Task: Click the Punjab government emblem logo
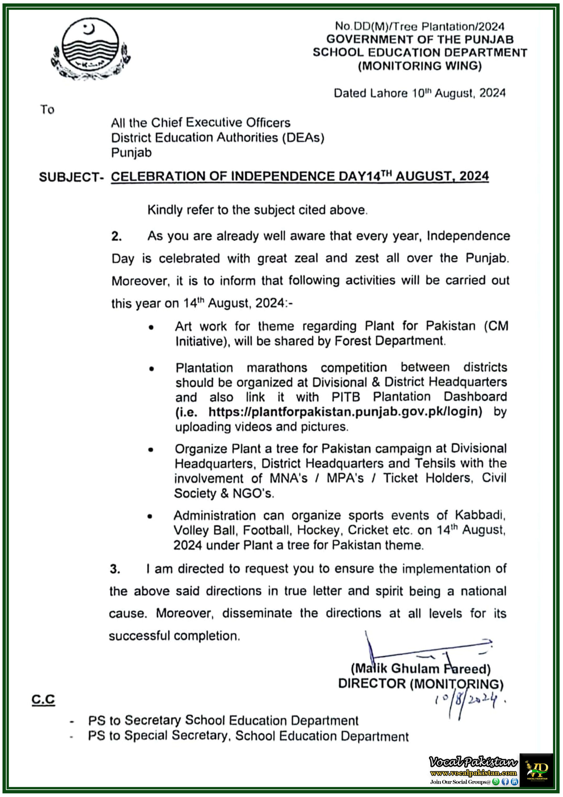tap(91, 49)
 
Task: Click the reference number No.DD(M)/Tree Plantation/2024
tap(419, 26)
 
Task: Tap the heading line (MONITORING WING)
tap(420, 66)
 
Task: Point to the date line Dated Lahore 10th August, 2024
tap(419, 93)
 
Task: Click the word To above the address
tap(47, 110)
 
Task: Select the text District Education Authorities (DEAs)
tap(217, 138)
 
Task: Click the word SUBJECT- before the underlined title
tap(71, 177)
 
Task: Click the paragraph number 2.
tap(116, 236)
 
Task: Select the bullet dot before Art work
tap(151, 327)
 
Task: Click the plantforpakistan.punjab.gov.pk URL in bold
tap(345, 412)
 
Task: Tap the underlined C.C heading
tap(43, 699)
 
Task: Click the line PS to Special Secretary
tap(248, 736)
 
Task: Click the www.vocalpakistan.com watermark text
tap(473, 773)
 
